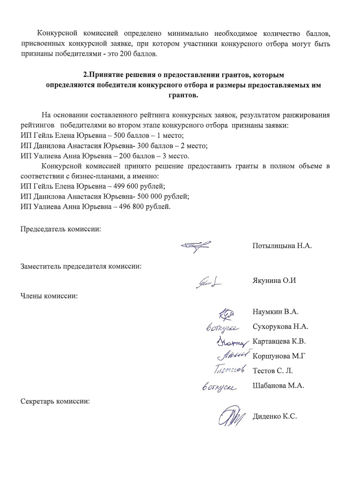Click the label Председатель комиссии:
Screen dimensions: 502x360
click(61, 229)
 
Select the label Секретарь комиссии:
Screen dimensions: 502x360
click(55, 401)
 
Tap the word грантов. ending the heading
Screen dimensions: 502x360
click(186, 95)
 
